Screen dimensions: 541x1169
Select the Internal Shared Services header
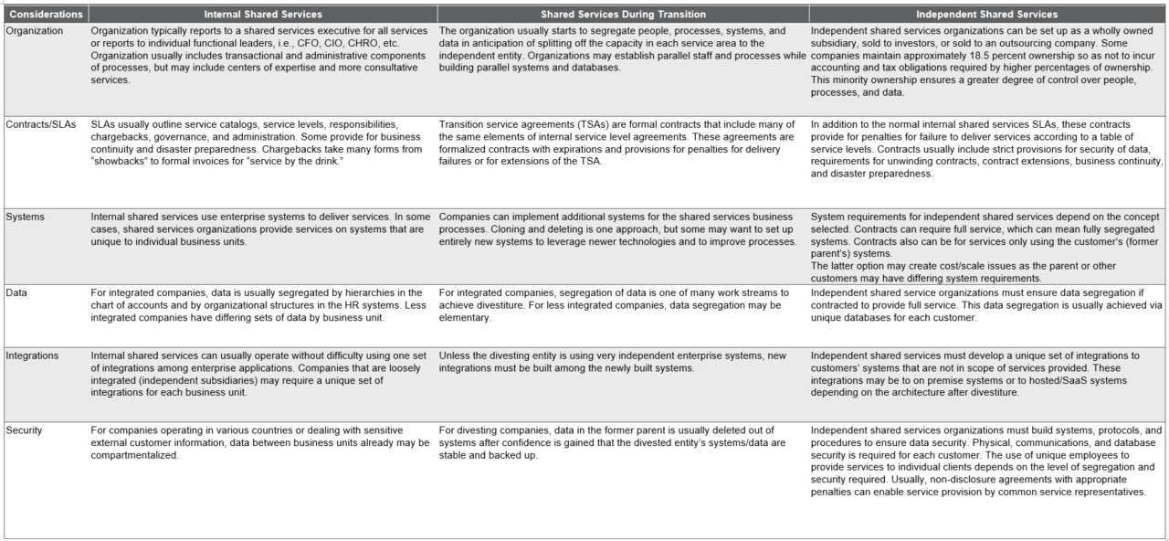click(263, 15)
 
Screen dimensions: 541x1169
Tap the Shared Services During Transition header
click(621, 15)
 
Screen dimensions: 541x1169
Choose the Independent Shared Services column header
click(986, 15)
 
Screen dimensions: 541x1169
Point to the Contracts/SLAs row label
click(40, 123)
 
